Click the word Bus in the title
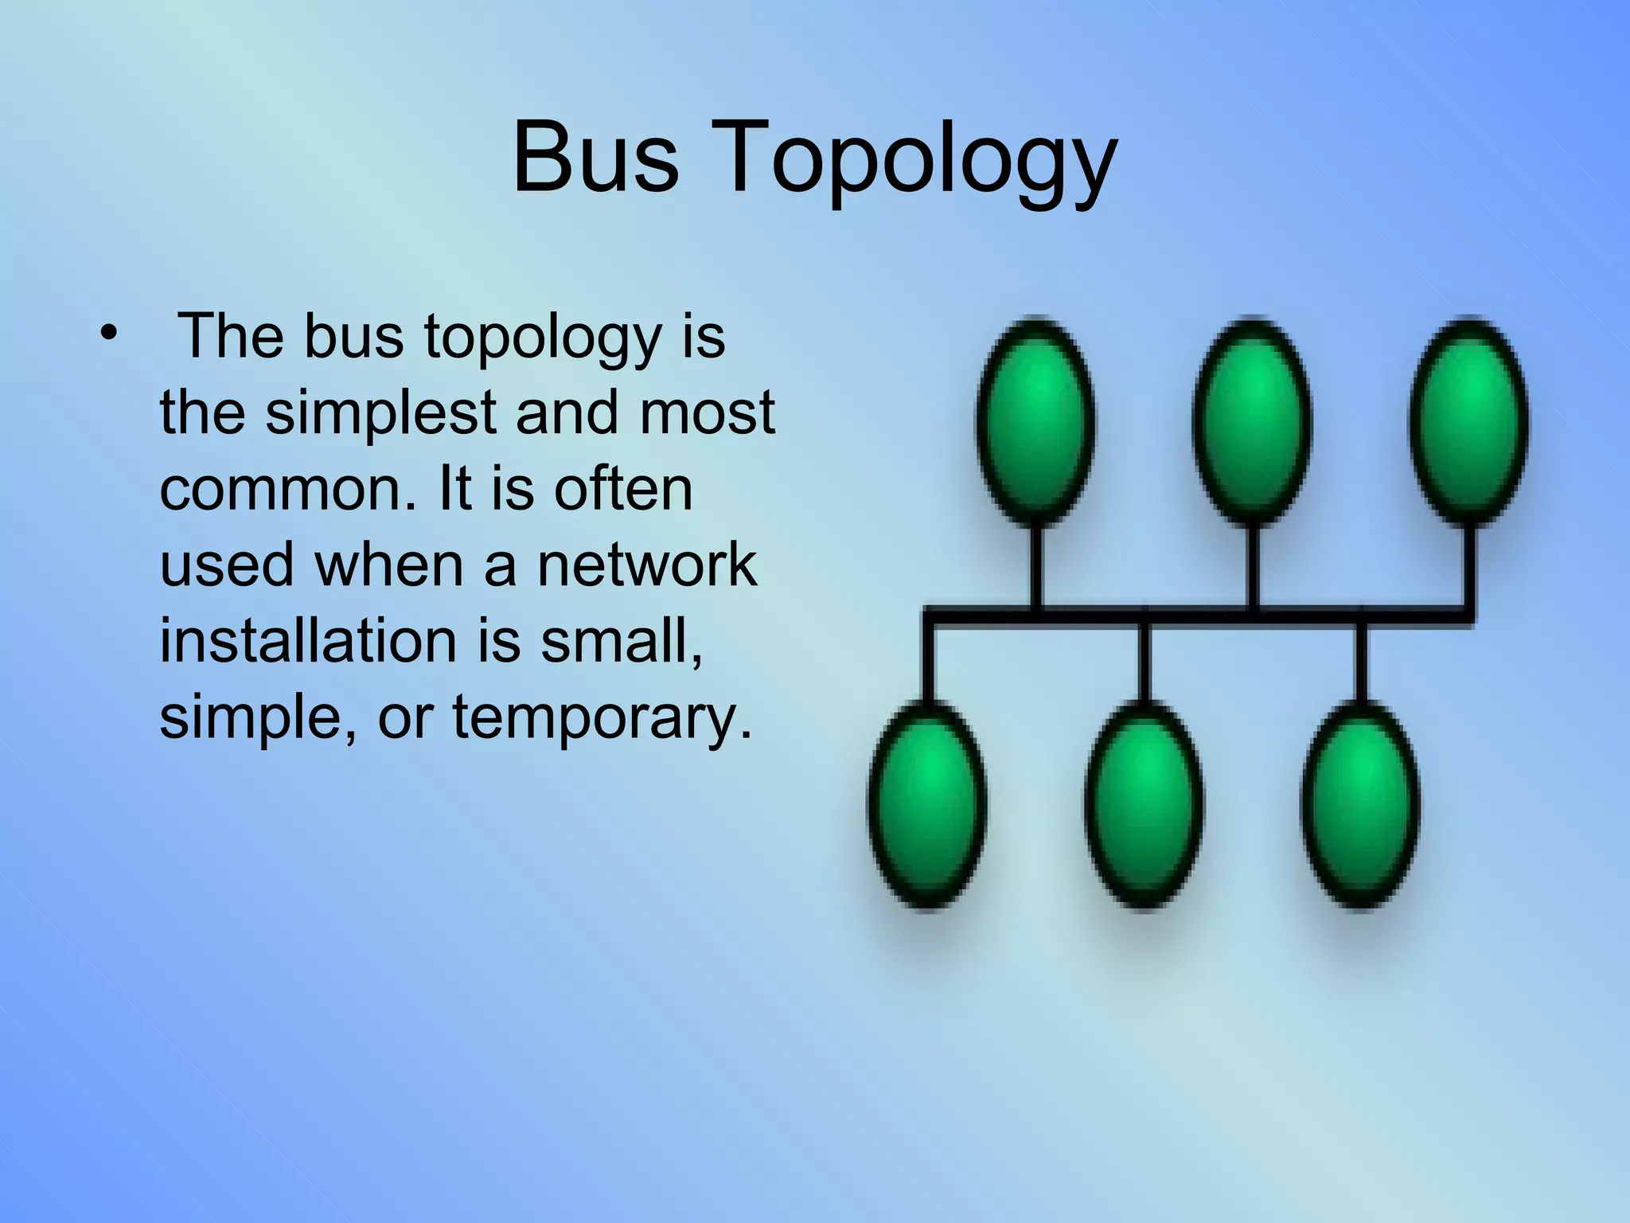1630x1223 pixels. pyautogui.click(x=595, y=157)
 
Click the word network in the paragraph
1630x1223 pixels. pyautogui.click(x=646, y=565)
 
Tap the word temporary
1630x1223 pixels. pyautogui.click(x=602, y=717)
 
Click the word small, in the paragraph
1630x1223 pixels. pyautogui.click(x=622, y=640)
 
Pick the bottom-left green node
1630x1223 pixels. pyautogui.click(x=927, y=804)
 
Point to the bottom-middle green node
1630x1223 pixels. pyautogui.click(x=1144, y=804)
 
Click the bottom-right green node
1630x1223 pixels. pyautogui.click(x=1361, y=804)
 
